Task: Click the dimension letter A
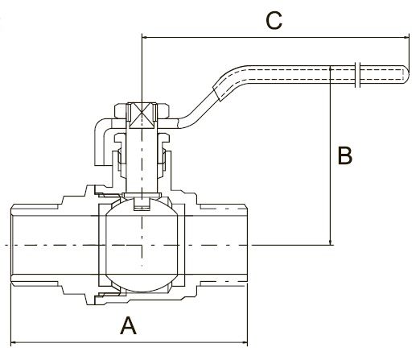pyautogui.click(x=128, y=325)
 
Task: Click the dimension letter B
pyautogui.click(x=345, y=155)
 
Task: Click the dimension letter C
pyautogui.click(x=274, y=20)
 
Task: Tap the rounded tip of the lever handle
pyautogui.click(x=407, y=74)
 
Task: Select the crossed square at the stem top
pyautogui.click(x=142, y=115)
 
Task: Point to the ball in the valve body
pyautogui.click(x=142, y=245)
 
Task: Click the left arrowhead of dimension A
pyautogui.click(x=14, y=342)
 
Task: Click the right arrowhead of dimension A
pyautogui.click(x=245, y=342)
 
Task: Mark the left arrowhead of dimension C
pyautogui.click(x=145, y=37)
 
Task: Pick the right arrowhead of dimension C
pyautogui.click(x=406, y=37)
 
